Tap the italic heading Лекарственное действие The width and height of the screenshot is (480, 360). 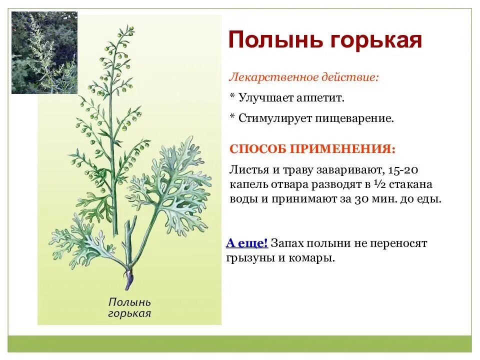pos(304,77)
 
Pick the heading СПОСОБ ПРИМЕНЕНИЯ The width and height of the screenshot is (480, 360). pos(312,149)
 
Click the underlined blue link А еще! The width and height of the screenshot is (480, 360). pos(246,243)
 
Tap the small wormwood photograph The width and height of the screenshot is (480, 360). pos(44,52)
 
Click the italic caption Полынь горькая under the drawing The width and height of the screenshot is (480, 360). pos(129,308)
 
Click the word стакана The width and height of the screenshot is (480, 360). pos(410,184)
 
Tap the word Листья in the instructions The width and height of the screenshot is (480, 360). pos(249,170)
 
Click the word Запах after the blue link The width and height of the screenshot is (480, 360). pos(287,243)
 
